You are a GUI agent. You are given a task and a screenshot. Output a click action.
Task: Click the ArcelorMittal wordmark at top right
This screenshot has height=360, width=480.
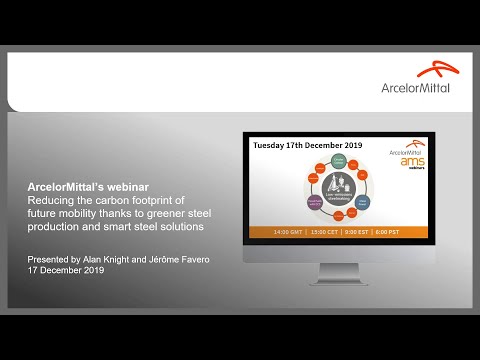[x=415, y=87]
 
